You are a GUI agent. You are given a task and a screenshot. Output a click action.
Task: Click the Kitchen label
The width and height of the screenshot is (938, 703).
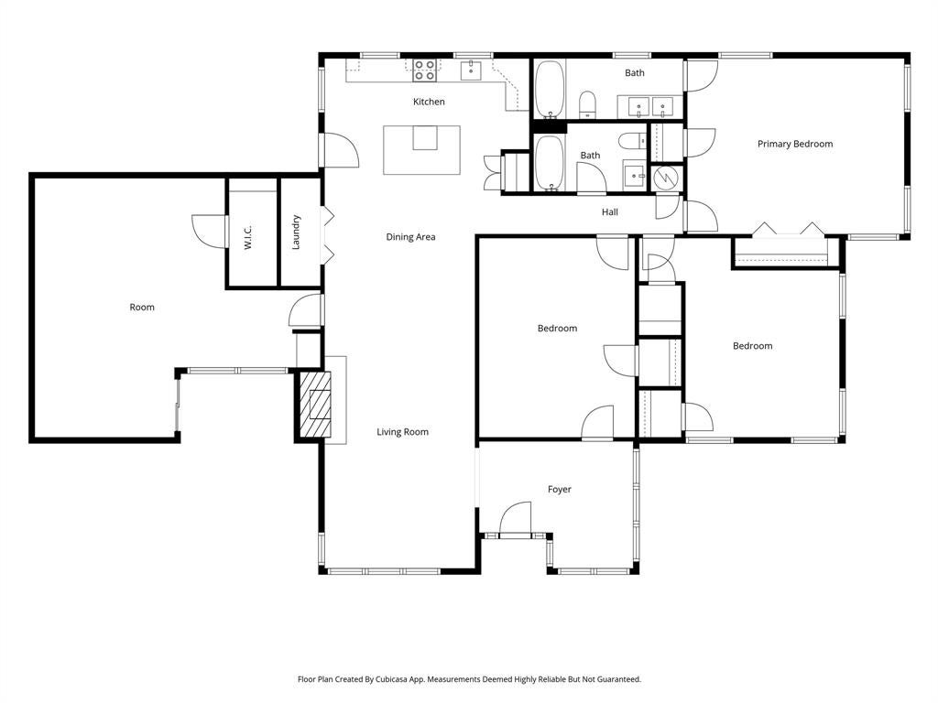click(429, 102)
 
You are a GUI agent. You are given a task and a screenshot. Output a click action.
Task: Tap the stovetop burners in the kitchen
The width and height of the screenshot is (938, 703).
click(425, 70)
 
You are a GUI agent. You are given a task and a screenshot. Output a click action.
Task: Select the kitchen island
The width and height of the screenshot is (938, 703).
click(421, 150)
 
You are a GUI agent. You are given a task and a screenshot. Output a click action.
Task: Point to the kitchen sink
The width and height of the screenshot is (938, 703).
click(472, 70)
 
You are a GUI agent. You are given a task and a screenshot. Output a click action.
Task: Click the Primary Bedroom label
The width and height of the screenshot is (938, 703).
click(795, 144)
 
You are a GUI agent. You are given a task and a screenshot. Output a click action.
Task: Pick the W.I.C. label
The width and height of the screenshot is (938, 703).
click(249, 237)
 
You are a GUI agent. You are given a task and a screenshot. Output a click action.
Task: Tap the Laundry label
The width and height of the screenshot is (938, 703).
click(296, 232)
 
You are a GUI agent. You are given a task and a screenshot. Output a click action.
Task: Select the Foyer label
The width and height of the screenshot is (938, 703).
click(560, 490)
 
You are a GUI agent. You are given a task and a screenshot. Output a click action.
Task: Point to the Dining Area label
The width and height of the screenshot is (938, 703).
click(410, 237)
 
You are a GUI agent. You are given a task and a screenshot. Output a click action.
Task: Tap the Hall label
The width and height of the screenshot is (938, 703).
click(609, 212)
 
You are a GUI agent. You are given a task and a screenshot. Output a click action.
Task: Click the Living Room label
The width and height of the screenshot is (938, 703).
click(403, 432)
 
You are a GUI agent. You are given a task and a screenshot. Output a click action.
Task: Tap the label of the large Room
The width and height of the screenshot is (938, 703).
click(142, 308)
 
